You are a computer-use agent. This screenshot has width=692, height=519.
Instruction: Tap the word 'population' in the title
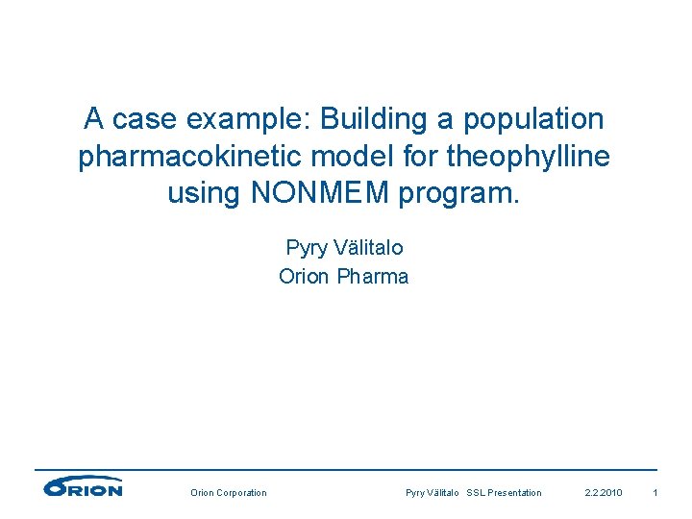tap(533, 119)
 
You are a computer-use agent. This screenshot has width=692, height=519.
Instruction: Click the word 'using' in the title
tap(204, 192)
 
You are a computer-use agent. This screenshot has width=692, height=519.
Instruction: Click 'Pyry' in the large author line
tap(306, 247)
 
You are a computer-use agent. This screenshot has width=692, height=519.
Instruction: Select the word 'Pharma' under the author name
tap(373, 277)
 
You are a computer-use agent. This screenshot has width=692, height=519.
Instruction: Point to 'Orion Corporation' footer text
tap(229, 493)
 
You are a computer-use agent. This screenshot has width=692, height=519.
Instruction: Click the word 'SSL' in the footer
tap(477, 493)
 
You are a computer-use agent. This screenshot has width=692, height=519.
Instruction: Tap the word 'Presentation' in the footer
tap(516, 493)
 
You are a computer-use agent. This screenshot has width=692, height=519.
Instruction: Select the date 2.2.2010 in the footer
tap(604, 493)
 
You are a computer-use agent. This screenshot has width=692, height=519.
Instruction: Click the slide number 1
tap(655, 493)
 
